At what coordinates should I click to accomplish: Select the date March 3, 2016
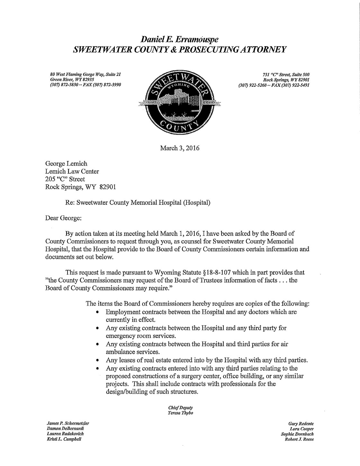click(180, 149)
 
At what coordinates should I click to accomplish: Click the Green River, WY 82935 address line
click(72, 80)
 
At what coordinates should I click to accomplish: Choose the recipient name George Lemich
click(66, 164)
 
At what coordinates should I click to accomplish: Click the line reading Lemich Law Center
click(72, 171)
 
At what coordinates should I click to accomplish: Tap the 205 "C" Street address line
click(65, 179)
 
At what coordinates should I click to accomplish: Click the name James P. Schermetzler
click(68, 424)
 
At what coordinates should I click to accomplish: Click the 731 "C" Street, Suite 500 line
click(286, 75)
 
